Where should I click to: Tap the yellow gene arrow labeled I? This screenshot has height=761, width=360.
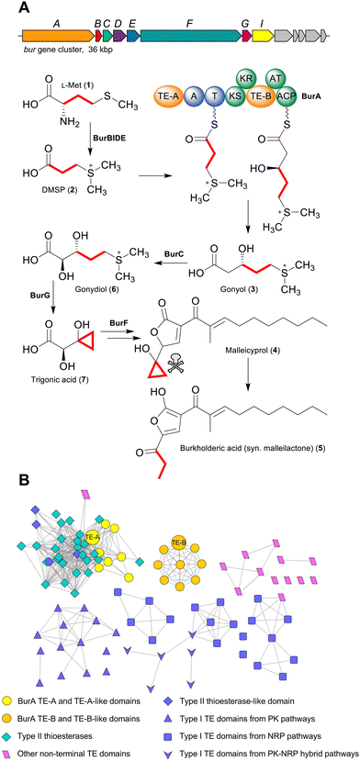[264, 35]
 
